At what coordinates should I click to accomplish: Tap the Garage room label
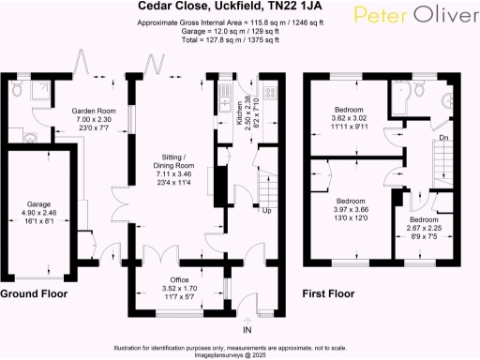point(38,203)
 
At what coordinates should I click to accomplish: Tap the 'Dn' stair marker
point(443,139)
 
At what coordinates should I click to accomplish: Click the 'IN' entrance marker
point(247,331)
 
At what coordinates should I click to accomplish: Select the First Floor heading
point(328,293)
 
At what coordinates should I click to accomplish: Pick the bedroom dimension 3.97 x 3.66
point(350,211)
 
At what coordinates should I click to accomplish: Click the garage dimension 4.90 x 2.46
point(38,213)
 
